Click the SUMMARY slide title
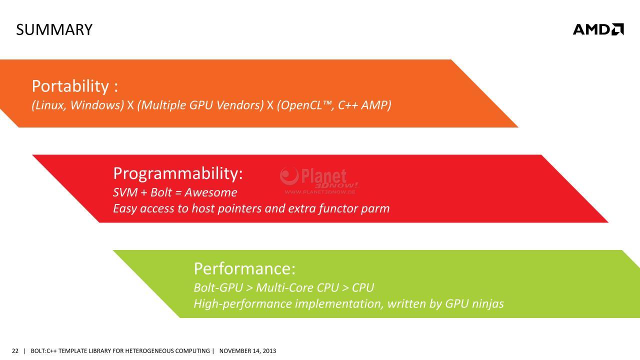54,29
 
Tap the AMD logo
598,29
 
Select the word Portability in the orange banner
70,86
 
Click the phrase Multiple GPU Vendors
200,105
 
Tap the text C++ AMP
364,105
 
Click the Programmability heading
178,173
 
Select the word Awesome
211,192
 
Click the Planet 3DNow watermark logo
319,180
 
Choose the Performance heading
244,269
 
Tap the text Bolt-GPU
218,287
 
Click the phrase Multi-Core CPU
297,287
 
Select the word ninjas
488,303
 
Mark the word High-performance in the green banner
243,303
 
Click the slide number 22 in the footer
15,351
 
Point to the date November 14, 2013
247,351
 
